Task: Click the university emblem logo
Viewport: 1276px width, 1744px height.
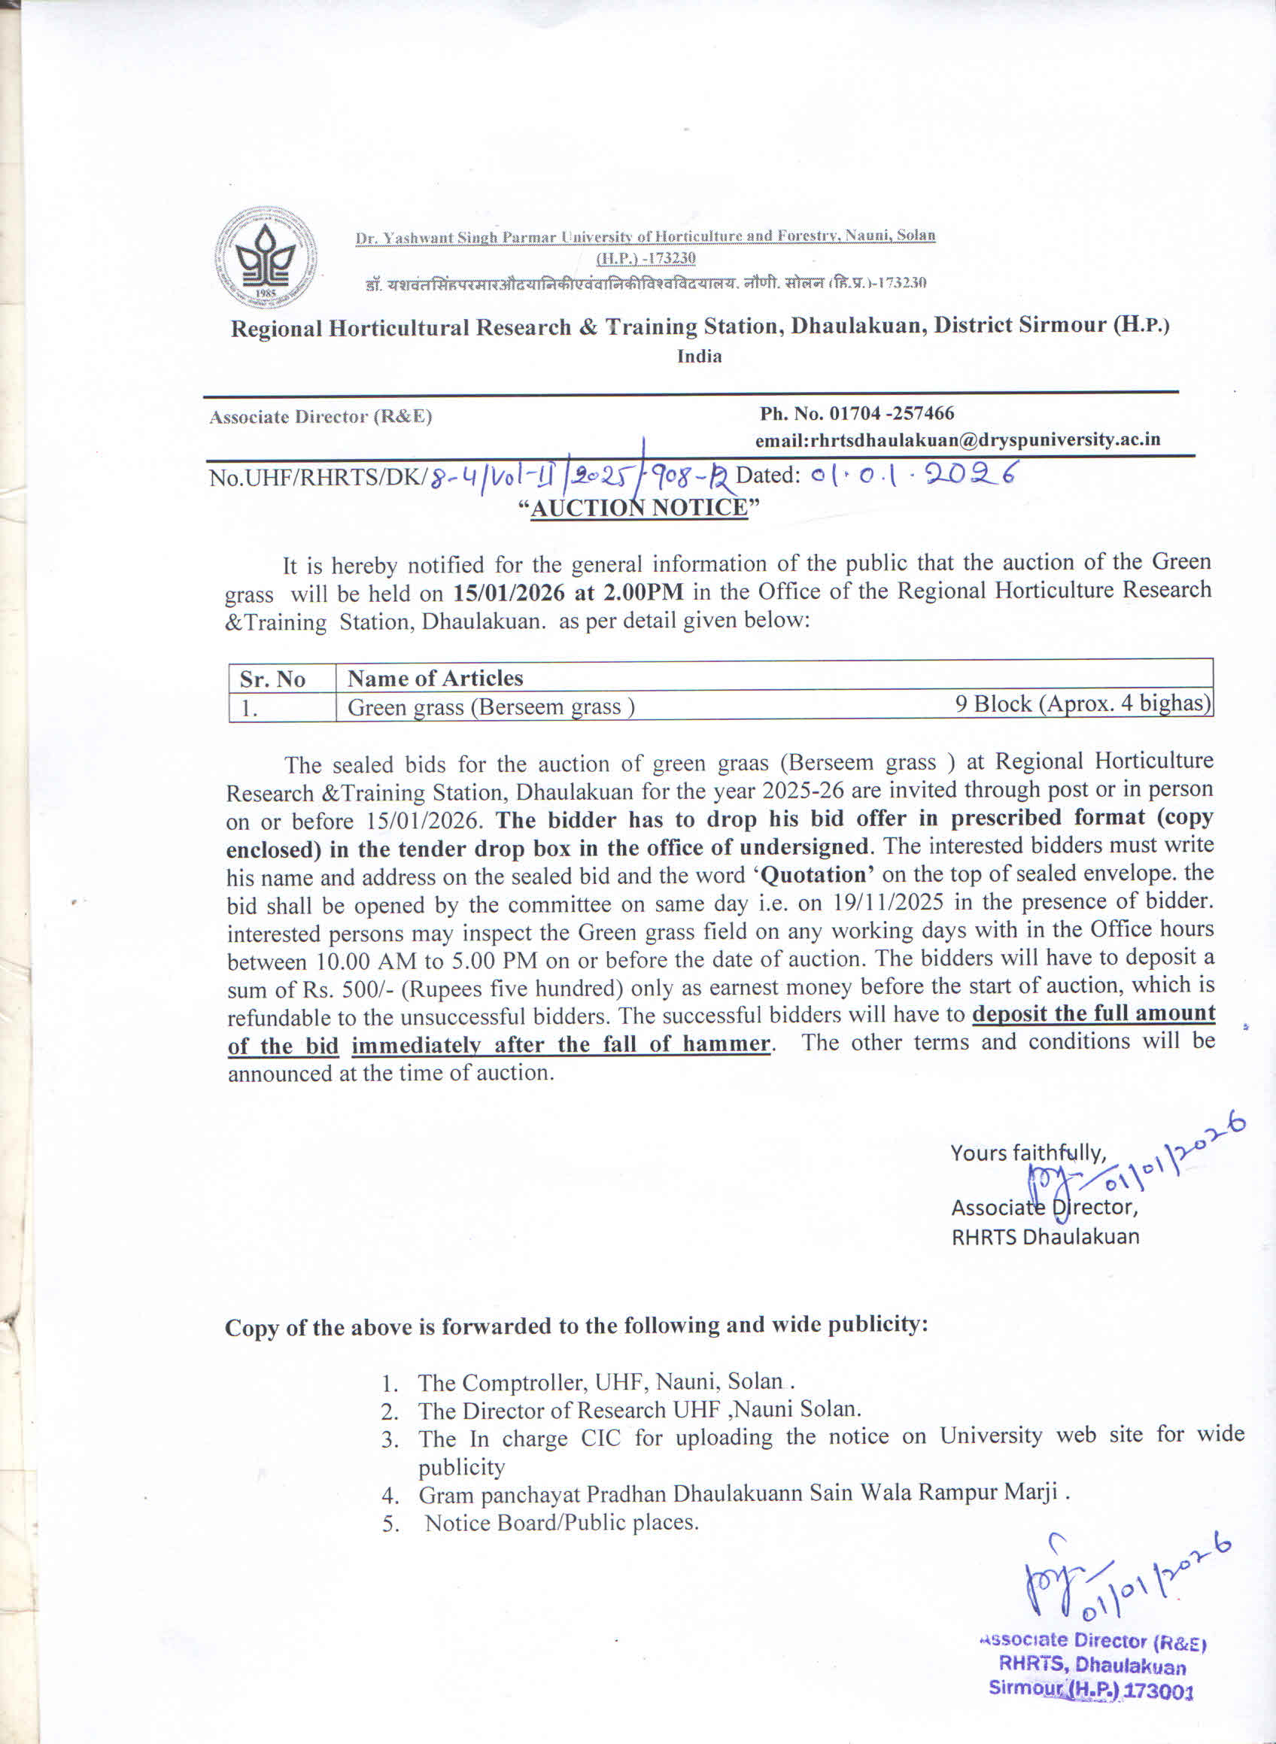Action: pyautogui.click(x=265, y=258)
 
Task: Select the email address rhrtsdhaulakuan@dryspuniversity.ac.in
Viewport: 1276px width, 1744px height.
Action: pyautogui.click(x=958, y=439)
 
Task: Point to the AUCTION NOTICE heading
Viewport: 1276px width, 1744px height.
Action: pyautogui.click(x=639, y=507)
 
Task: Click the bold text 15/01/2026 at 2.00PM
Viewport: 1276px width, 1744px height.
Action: pyautogui.click(x=568, y=592)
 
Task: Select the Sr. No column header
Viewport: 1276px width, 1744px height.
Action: pyautogui.click(x=272, y=679)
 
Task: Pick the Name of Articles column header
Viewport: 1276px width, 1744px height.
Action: pyautogui.click(x=435, y=678)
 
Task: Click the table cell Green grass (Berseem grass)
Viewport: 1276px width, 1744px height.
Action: pyautogui.click(x=491, y=706)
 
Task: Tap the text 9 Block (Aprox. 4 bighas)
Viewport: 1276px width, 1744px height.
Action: pyautogui.click(x=1082, y=703)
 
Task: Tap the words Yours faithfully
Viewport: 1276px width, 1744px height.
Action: pyautogui.click(x=1028, y=1153)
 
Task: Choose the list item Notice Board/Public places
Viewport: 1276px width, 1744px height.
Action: pyautogui.click(x=561, y=1522)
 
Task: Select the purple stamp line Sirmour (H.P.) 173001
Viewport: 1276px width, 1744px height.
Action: pyautogui.click(x=1091, y=1688)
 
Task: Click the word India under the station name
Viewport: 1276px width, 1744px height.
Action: pyautogui.click(x=699, y=356)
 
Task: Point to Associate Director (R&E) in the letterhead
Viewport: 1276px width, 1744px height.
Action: pyautogui.click(x=321, y=417)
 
